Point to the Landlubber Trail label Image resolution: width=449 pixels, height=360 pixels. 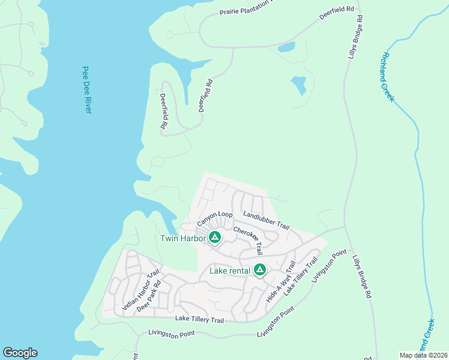pos(266,220)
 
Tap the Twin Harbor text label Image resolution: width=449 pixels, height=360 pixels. pos(182,238)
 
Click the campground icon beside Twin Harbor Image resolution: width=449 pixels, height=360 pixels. pos(214,238)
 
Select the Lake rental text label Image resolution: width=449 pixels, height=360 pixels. pos(229,270)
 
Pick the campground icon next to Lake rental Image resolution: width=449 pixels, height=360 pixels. pos(260,270)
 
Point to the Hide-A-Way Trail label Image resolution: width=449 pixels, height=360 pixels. pos(281,281)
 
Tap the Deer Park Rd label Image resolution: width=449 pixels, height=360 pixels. pos(149,296)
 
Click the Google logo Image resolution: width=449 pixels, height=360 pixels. pos(20,353)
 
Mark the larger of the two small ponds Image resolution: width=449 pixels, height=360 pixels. pos(298,85)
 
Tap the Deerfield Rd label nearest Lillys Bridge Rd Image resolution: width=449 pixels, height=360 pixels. pos(337,13)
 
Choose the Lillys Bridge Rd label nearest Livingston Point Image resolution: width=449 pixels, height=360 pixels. pos(362,277)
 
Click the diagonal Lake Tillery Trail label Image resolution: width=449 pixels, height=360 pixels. pos(300,275)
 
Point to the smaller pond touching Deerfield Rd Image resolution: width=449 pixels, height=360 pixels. pos(286,47)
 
